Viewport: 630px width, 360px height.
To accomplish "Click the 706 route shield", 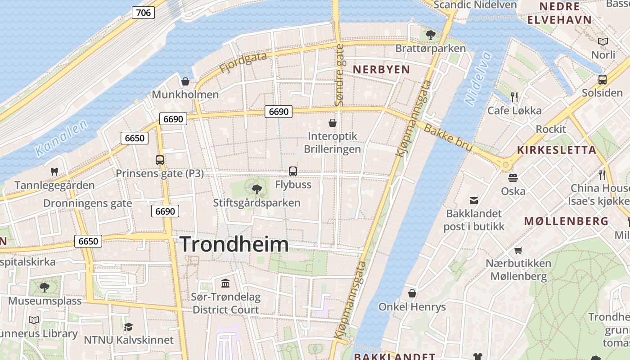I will pos(143,13).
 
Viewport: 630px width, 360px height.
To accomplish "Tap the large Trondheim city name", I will pos(234,244).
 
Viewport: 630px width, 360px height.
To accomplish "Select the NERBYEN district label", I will pos(381,69).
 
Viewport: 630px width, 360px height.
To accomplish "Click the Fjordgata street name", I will pos(243,63).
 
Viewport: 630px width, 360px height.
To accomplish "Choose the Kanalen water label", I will pos(61,138).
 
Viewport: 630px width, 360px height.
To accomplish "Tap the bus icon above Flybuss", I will pos(293,171).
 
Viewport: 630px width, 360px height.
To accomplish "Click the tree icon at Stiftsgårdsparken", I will pos(256,189).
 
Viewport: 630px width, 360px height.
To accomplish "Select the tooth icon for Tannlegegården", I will pos(54,171).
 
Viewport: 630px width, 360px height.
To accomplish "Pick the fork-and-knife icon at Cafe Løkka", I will pos(514,97).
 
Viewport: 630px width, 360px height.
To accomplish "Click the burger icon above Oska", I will pos(513,178).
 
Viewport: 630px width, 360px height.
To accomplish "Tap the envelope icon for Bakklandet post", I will pos(474,200).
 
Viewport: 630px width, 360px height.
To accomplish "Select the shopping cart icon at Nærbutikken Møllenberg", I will pos(518,250).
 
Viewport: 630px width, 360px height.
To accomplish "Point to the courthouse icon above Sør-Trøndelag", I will pos(225,283).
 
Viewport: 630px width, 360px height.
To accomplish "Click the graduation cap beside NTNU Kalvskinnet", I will pos(129,327).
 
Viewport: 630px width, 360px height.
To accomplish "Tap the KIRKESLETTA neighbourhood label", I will pos(556,150).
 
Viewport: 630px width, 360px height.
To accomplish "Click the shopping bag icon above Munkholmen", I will pos(185,81).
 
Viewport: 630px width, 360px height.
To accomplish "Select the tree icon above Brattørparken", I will pos(430,35).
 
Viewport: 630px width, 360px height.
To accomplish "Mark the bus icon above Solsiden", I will pos(602,80).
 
